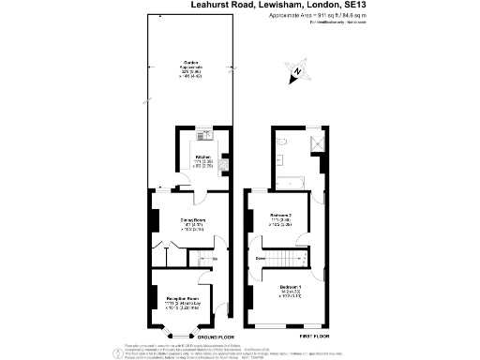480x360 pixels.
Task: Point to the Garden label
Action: point(191,63)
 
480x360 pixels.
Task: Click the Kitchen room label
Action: point(202,157)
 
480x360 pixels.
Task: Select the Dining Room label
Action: point(192,221)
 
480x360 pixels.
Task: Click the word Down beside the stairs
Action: point(263,255)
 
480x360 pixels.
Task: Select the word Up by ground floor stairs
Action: point(215,259)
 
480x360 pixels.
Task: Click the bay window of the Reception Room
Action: point(172,328)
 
